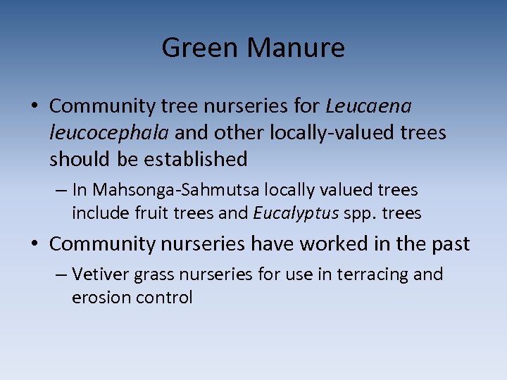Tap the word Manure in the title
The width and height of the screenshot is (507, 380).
296,49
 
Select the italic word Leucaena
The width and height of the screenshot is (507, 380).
368,106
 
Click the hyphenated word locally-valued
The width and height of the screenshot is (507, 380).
347,133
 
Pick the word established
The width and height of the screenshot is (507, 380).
196,160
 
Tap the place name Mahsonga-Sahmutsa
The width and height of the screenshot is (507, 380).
177,190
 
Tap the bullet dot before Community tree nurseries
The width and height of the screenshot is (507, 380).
35,107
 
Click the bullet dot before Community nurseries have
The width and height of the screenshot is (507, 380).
35,245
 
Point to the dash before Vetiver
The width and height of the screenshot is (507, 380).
61,275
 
